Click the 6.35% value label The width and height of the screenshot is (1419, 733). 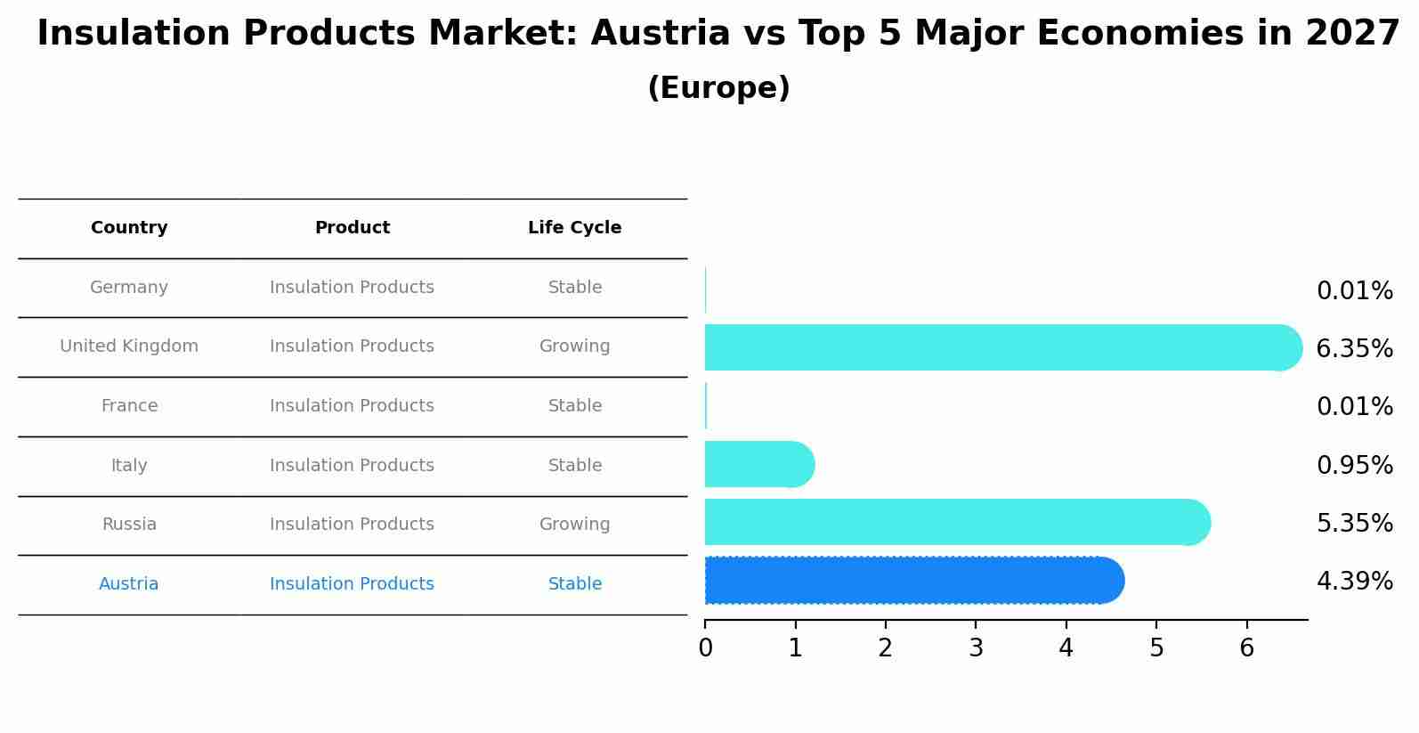(1354, 349)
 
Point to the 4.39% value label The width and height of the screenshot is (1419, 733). (1354, 582)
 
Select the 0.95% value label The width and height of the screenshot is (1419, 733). (1354, 466)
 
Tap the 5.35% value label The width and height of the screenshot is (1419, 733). (1354, 524)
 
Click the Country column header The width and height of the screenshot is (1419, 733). (129, 228)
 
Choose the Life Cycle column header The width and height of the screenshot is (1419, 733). (574, 228)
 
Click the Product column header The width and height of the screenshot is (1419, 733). (352, 228)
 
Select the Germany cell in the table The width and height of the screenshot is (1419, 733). (129, 288)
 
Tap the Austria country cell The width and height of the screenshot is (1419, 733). (129, 584)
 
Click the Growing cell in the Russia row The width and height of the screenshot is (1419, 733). (574, 525)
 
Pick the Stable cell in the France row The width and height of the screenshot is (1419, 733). (574, 406)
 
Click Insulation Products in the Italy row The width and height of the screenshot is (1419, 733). (352, 466)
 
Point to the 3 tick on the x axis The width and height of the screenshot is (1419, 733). (976, 648)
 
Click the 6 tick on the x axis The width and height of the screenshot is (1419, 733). (1246, 648)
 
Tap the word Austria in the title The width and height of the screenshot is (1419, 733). (660, 34)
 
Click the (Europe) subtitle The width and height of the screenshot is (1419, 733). (718, 88)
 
